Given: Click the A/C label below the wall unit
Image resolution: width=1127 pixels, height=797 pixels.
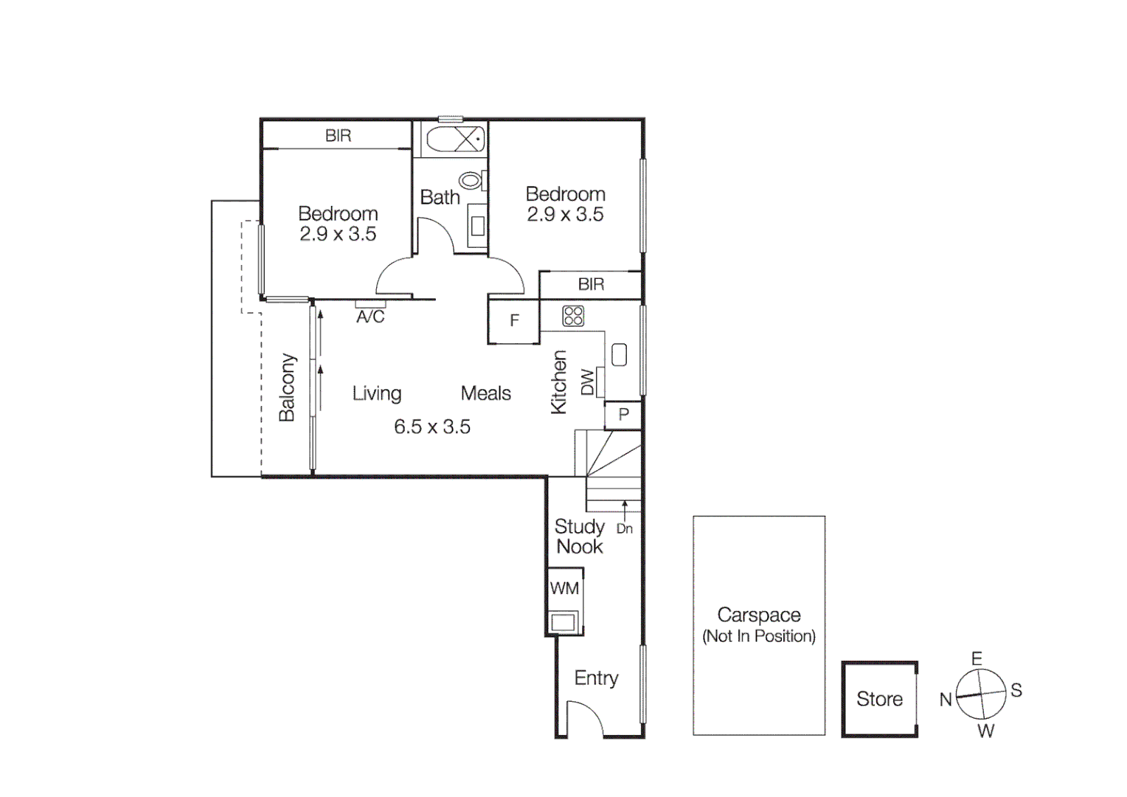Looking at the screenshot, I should (x=370, y=317).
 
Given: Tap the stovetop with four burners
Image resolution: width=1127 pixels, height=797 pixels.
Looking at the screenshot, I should (x=573, y=316).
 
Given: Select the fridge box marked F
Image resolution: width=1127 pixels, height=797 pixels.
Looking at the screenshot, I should (x=514, y=320).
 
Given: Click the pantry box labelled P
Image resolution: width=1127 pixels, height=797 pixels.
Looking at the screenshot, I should (x=623, y=415).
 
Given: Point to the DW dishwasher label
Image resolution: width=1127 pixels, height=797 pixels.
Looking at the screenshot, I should (x=588, y=382).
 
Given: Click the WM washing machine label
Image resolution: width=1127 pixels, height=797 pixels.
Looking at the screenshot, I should (x=565, y=588).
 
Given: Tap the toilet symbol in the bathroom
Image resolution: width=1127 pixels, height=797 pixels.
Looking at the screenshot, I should (x=470, y=180).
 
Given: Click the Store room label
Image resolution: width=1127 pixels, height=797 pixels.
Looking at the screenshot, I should (x=879, y=699).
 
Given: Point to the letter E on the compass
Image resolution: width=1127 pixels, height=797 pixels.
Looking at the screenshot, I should (x=977, y=658).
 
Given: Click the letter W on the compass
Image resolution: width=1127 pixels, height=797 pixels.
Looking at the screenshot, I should (x=986, y=731).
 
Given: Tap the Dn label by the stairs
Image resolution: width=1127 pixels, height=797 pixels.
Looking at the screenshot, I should (x=625, y=528).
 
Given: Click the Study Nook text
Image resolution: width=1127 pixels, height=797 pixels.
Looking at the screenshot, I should (x=580, y=536).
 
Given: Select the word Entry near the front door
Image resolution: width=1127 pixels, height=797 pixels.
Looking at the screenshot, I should (x=596, y=678).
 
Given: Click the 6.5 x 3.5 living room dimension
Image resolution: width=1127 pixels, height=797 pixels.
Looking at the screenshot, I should (x=432, y=427).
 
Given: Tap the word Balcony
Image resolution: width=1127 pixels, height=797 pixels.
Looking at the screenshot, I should (x=287, y=387).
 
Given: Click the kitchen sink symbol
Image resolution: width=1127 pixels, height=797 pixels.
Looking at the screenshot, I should (x=620, y=355).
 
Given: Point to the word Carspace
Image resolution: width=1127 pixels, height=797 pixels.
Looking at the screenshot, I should (x=759, y=615).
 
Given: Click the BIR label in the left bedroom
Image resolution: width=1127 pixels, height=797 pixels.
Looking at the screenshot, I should (x=339, y=136).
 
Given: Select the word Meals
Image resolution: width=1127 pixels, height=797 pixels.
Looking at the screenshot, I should (x=486, y=393).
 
